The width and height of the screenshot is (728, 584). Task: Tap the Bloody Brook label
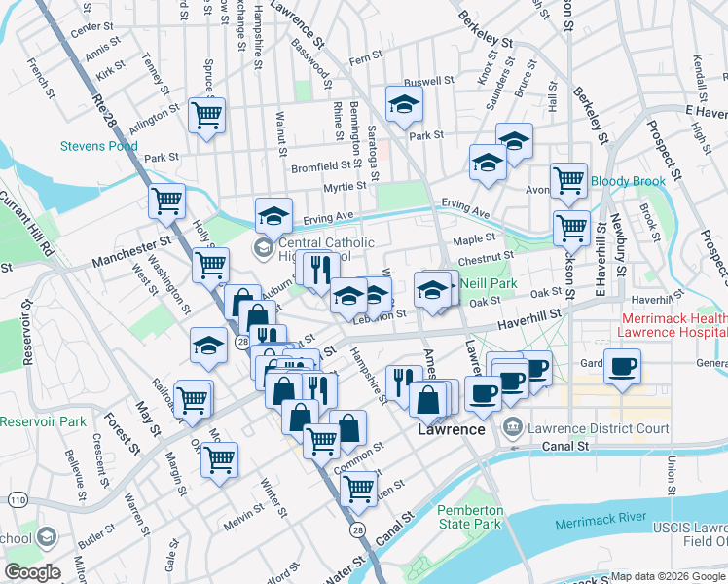(x=627, y=181)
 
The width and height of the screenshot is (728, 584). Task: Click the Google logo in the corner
(x=32, y=572)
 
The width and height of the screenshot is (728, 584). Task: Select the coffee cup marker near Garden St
(x=622, y=367)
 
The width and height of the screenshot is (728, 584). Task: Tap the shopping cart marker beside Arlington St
(x=206, y=115)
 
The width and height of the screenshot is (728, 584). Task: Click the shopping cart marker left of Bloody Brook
(x=568, y=180)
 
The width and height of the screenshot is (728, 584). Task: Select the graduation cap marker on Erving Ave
(x=274, y=215)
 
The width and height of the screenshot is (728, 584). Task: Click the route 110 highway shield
(x=18, y=499)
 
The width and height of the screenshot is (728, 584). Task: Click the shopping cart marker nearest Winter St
(x=220, y=458)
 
